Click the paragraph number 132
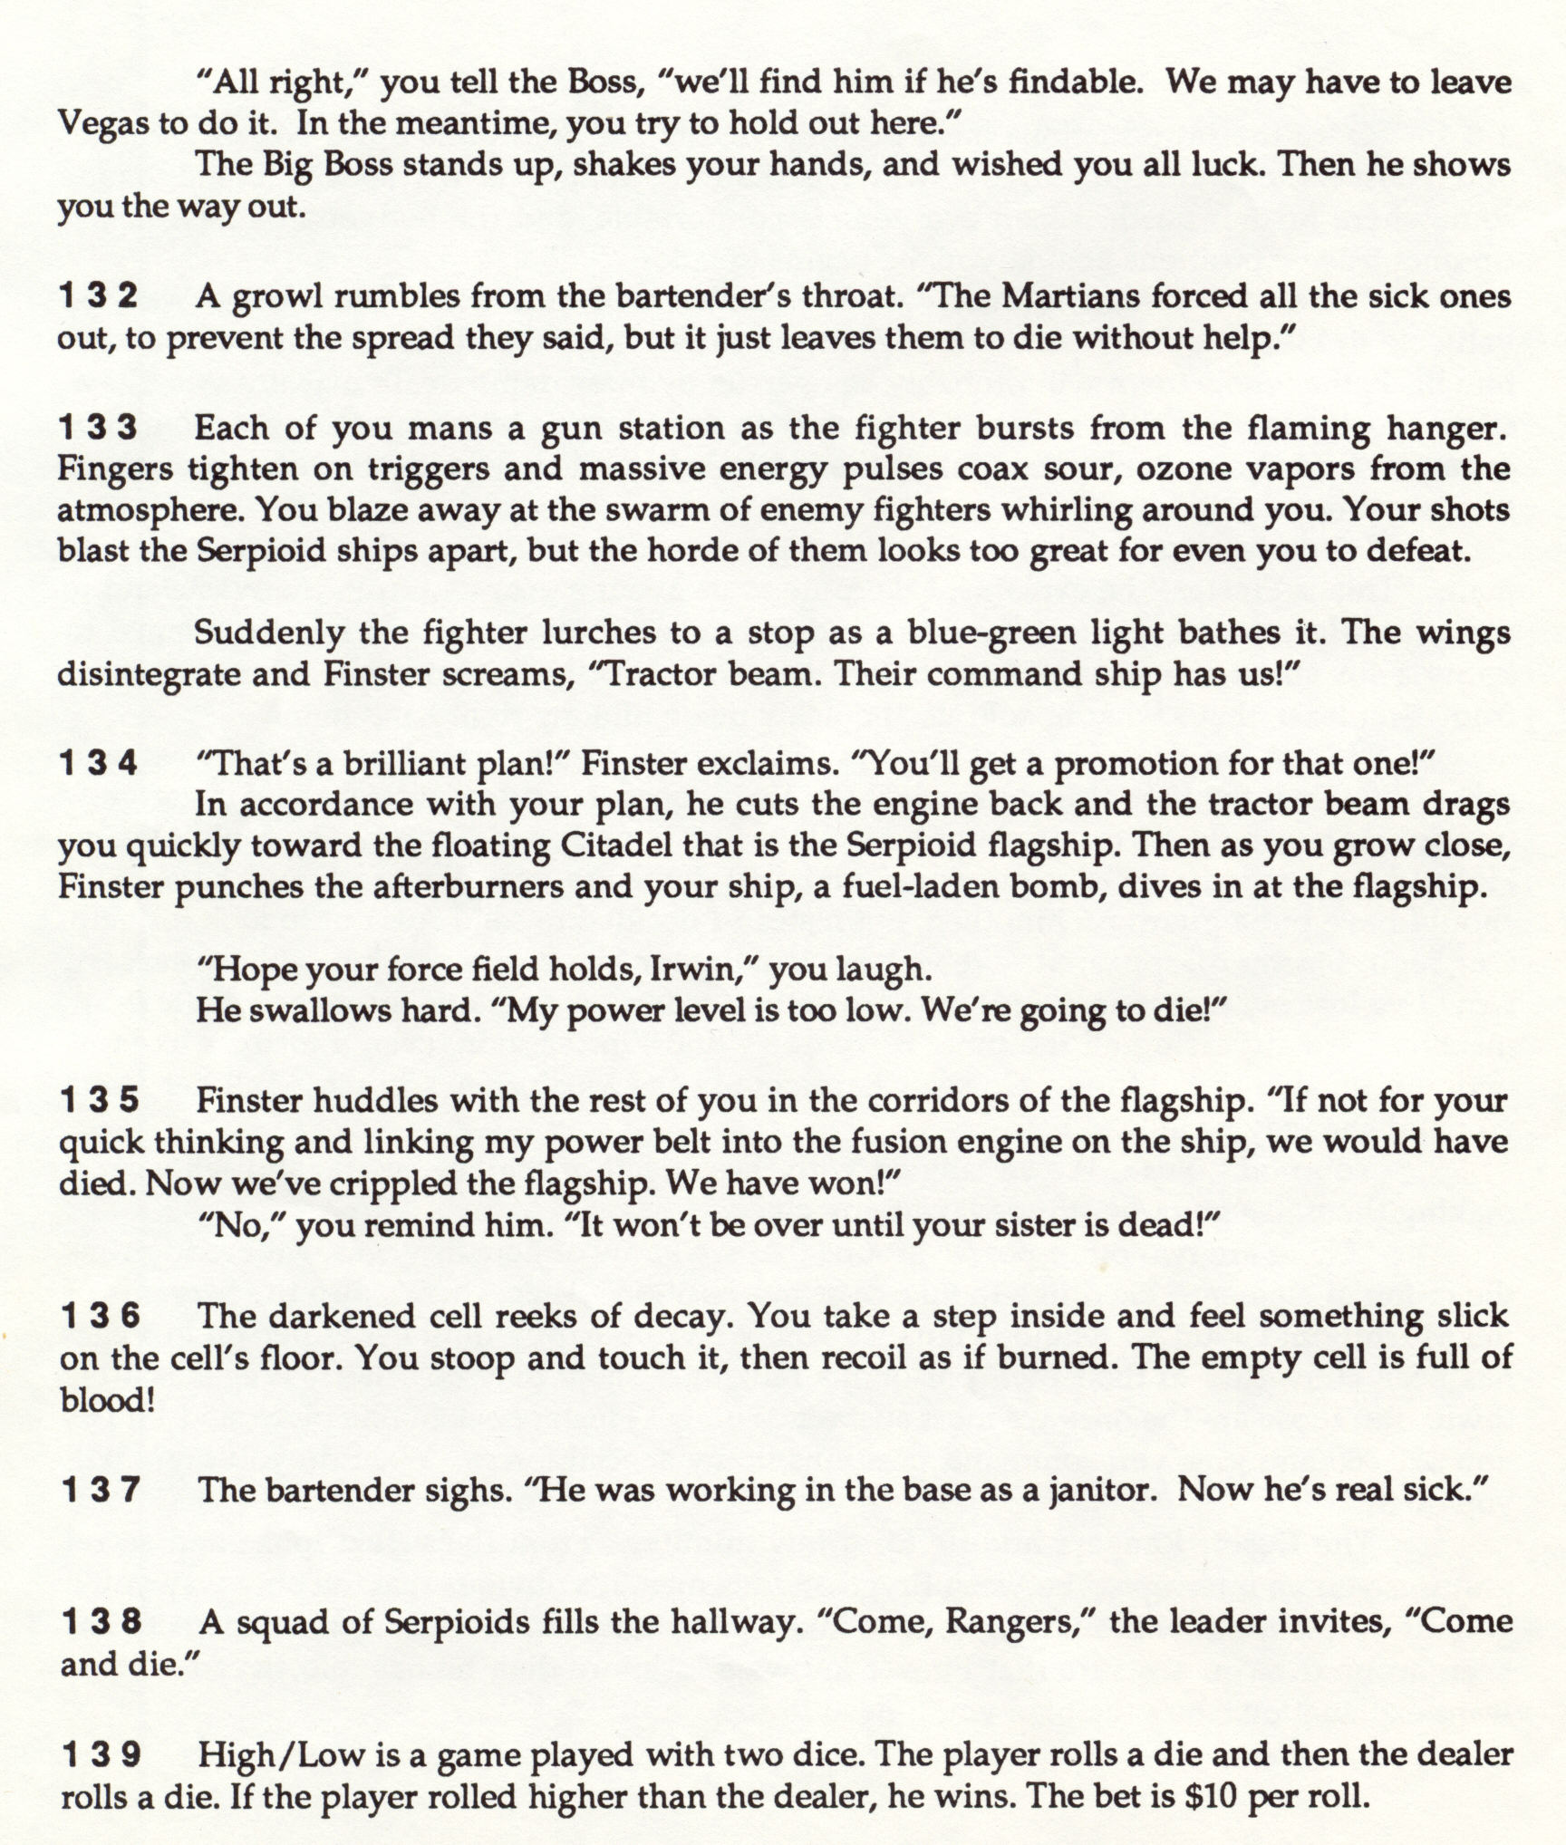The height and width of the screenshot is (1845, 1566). (99, 295)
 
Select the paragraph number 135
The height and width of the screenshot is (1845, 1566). (100, 1099)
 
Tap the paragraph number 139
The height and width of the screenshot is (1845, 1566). (101, 1754)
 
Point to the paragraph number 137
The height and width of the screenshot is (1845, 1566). (100, 1489)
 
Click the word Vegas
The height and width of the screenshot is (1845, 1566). (103, 123)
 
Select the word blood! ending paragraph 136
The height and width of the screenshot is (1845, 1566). (107, 1399)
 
